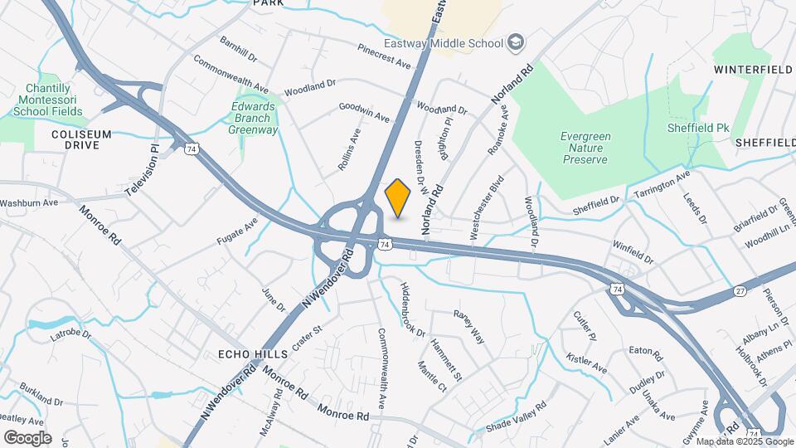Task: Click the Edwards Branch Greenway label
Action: click(254, 119)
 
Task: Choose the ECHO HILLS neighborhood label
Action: click(252, 354)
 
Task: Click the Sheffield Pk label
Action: click(697, 129)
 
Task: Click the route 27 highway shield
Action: click(740, 291)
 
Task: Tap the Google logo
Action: click(27, 437)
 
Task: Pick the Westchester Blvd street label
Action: click(487, 207)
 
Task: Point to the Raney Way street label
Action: click(468, 326)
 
